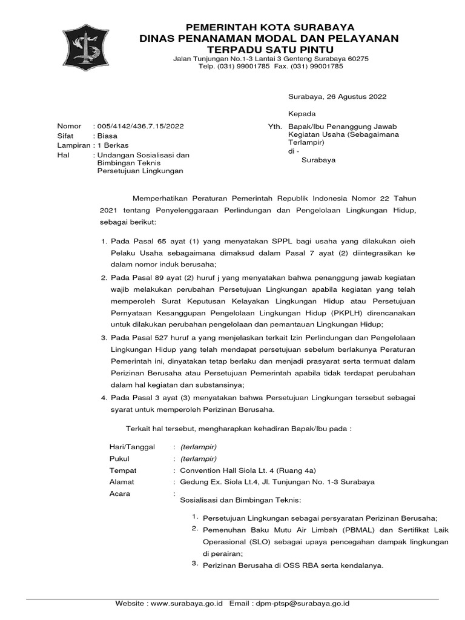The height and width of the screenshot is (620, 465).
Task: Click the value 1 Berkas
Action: [x=117, y=146]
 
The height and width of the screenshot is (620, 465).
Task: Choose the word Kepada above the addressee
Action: [x=301, y=114]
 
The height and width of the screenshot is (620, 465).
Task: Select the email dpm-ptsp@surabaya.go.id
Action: [x=303, y=604]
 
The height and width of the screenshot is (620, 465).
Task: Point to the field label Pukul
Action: [x=119, y=458]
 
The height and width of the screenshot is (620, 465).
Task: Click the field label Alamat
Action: [x=122, y=482]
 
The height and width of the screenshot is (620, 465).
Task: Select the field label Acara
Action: [x=120, y=494]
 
